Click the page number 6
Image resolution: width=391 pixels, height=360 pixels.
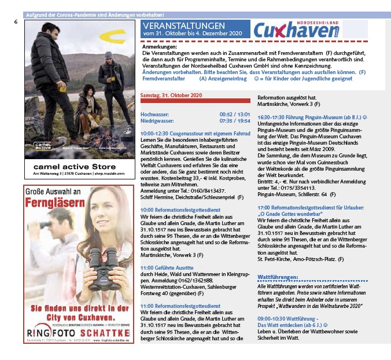tap(16, 21)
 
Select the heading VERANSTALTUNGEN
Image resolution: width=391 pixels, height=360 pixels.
tap(184, 27)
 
